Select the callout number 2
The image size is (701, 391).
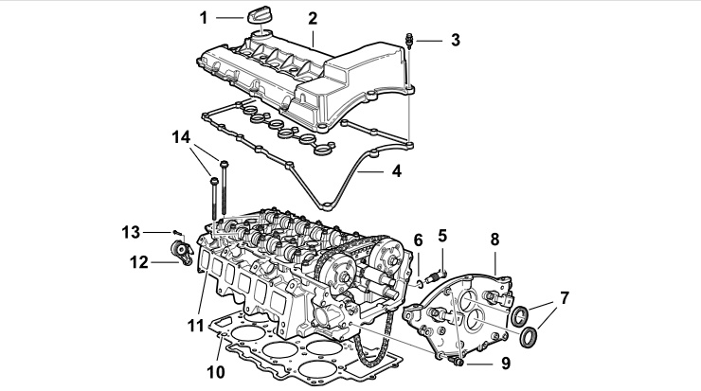click(313, 18)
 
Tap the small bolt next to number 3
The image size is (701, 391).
click(409, 40)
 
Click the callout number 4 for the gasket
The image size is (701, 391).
click(397, 170)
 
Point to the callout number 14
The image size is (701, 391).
click(181, 137)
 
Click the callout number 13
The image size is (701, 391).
click(131, 232)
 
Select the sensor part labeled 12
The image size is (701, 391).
click(183, 254)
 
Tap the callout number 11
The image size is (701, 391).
click(195, 326)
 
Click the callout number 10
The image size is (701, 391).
click(216, 371)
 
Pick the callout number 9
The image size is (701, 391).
click(506, 364)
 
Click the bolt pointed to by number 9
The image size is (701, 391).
click(457, 360)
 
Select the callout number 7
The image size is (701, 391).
click(565, 297)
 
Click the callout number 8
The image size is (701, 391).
click(494, 240)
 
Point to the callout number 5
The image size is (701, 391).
click(442, 236)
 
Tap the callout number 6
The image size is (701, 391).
click(418, 240)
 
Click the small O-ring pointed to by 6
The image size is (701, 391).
click(419, 284)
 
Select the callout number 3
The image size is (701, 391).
click(455, 40)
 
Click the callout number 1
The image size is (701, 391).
click(204, 18)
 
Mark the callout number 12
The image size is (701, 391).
click(138, 262)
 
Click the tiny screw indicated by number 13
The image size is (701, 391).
click(177, 232)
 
